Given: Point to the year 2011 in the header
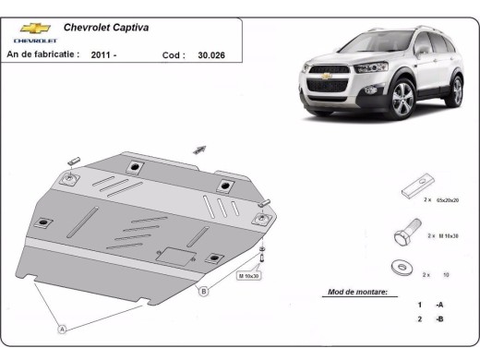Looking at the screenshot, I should click(103, 55).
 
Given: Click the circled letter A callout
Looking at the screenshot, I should click(63, 328).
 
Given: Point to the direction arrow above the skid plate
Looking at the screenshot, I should click(199, 150).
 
